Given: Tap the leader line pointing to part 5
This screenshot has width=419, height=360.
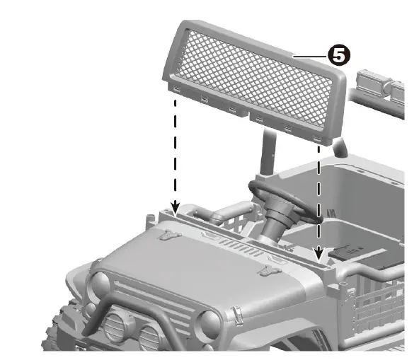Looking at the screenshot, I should pos(311,55).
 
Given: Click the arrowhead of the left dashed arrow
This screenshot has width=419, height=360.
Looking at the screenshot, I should pos(173,206).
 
